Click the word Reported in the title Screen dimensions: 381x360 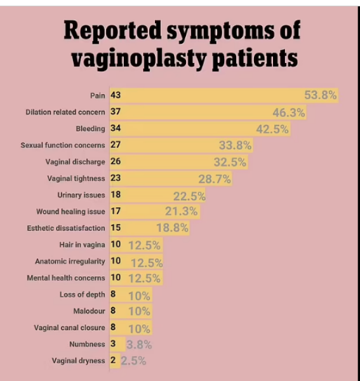[112, 31]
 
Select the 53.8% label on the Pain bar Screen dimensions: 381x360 [320, 96]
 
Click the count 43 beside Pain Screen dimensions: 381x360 [116, 95]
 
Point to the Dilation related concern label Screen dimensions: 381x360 [65, 112]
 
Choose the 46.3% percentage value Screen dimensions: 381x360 [289, 112]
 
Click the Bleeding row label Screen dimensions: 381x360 [90, 129]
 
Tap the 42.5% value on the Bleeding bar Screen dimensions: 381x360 [272, 129]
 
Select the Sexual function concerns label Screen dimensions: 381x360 [63, 145]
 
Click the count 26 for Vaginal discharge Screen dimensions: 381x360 [116, 162]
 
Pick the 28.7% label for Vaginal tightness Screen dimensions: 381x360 [214, 179]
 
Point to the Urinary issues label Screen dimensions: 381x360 [81, 195]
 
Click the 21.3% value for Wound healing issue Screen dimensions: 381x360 [182, 211]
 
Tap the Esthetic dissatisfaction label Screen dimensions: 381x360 [66, 228]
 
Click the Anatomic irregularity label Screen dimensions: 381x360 [70, 261]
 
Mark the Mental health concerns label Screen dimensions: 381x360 [66, 278]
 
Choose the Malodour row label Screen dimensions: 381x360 [89, 311]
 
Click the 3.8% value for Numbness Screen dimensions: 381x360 [139, 345]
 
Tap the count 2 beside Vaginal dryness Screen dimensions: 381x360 [113, 361]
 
